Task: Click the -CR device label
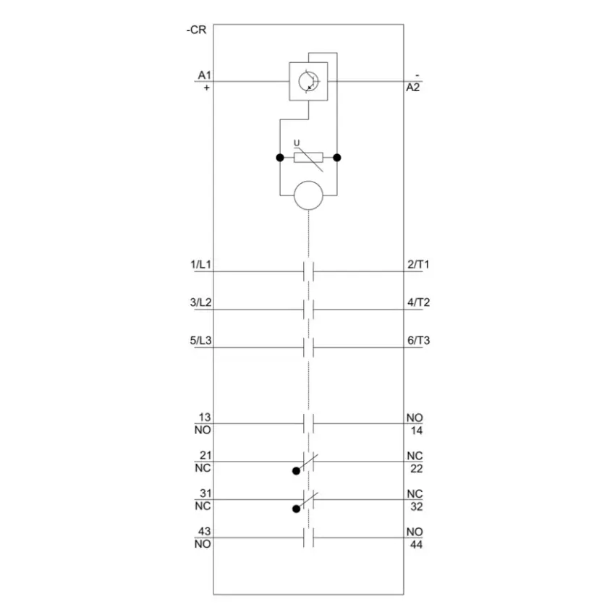coord(196,30)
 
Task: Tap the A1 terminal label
coord(204,75)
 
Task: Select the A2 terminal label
coord(412,88)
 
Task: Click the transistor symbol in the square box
coord(309,82)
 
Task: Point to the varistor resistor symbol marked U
coord(309,157)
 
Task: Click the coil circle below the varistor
coord(309,195)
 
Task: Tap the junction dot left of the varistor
coord(280,158)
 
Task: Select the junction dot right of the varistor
coord(337,158)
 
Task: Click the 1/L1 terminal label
coord(201,264)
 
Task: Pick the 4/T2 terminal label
coord(418,302)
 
